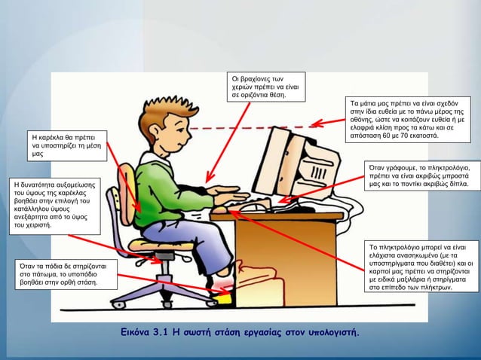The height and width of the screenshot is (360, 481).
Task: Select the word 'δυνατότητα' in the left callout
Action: (x=42, y=184)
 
